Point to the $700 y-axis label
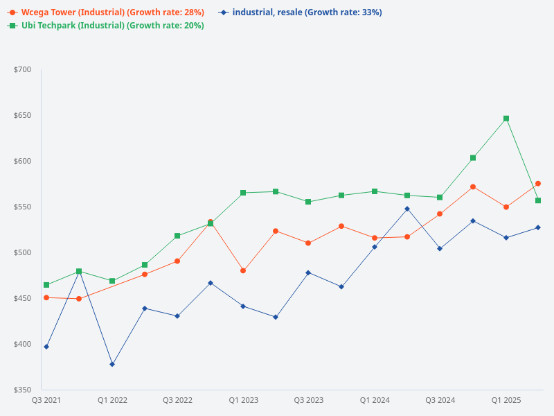[23, 69]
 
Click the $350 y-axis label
[23, 390]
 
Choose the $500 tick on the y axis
[23, 252]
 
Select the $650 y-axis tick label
[23, 115]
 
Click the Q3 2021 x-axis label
[46, 400]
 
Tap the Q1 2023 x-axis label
[243, 400]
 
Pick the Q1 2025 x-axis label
[506, 400]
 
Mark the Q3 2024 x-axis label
[440, 400]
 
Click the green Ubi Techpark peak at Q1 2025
[506, 119]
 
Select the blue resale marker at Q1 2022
[112, 364]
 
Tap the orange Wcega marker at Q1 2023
[243, 270]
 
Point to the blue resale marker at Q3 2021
[46, 347]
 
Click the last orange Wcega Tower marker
[538, 184]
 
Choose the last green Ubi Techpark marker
[538, 200]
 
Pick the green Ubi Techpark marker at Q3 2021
[46, 285]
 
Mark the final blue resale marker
[538, 227]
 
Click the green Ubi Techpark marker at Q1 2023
[243, 193]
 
